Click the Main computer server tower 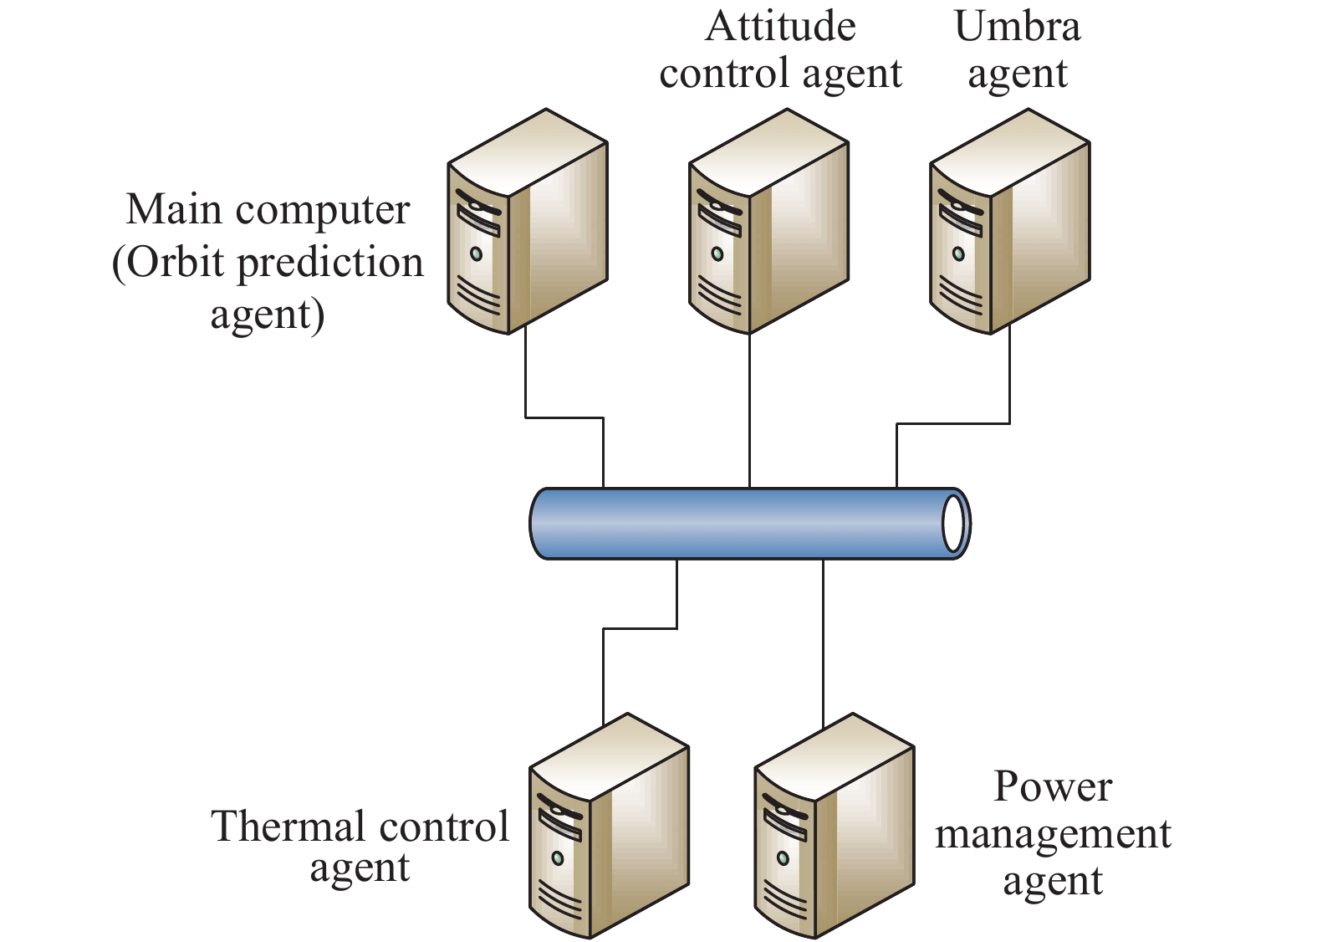527,223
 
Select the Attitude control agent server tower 768,223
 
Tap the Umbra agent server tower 1009,223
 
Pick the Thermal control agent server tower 609,827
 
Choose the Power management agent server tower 834,827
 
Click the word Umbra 1017,27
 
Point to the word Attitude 780,27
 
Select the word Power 1053,786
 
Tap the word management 1053,834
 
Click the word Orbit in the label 176,263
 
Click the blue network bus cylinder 736,524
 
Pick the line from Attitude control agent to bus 749,410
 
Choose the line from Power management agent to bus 823,636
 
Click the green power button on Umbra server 958,253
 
